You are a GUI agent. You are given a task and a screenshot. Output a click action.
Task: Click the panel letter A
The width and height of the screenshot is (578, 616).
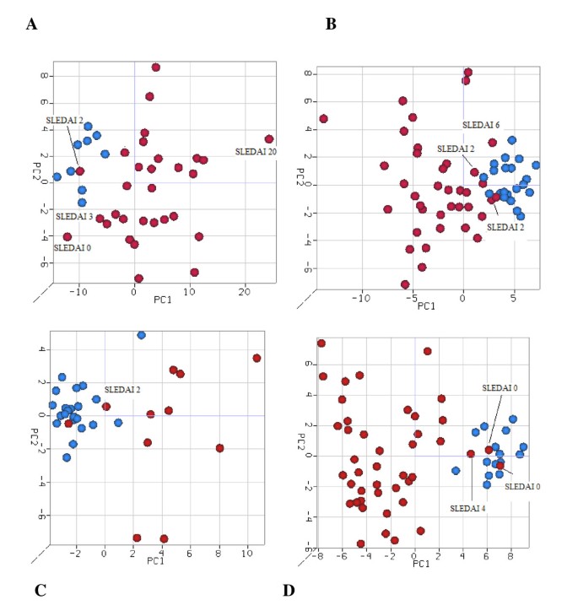point(31,24)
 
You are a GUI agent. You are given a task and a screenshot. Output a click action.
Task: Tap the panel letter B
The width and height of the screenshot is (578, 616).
point(331,24)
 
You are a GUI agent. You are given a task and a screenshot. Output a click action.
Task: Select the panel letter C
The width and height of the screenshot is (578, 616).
point(40,589)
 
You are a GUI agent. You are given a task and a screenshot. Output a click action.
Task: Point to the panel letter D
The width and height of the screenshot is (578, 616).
point(289,589)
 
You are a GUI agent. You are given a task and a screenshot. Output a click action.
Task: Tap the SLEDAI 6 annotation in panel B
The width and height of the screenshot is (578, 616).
point(481,125)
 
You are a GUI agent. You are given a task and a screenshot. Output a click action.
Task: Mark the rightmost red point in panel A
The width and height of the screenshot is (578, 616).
point(269,139)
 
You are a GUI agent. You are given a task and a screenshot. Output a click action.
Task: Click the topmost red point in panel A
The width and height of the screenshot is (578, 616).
point(155,68)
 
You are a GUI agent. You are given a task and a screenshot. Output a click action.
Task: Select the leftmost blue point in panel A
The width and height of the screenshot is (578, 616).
point(57,177)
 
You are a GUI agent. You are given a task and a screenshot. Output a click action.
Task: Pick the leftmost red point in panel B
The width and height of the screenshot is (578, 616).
point(323,119)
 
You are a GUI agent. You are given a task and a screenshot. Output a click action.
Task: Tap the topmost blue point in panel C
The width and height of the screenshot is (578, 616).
point(142,335)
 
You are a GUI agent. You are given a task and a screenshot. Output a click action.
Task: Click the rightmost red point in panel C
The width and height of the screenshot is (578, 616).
point(257,358)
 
